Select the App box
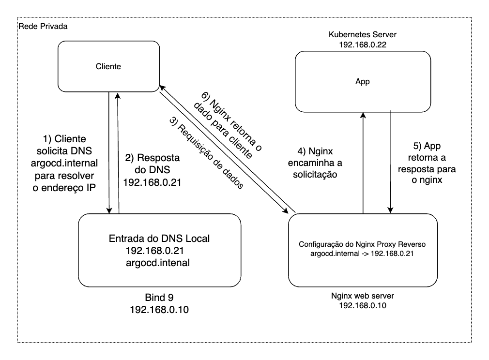363,82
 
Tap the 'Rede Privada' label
42,26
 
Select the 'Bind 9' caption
160,297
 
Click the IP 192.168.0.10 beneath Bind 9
160,309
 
